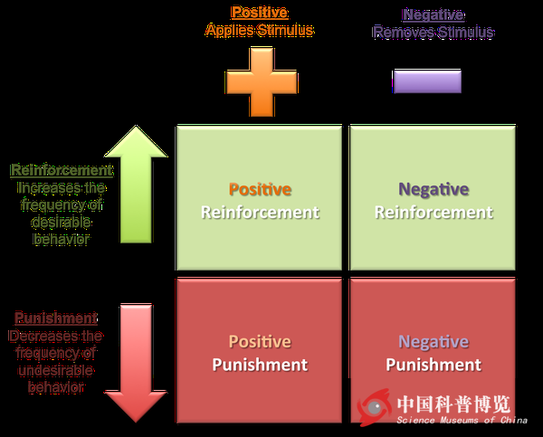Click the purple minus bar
click(x=427, y=81)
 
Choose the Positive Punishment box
click(x=260, y=353)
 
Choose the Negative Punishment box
click(x=433, y=353)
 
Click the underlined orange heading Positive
click(x=259, y=13)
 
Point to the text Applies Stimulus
click(x=260, y=31)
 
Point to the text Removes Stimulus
click(x=433, y=32)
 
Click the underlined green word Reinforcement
click(x=62, y=170)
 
